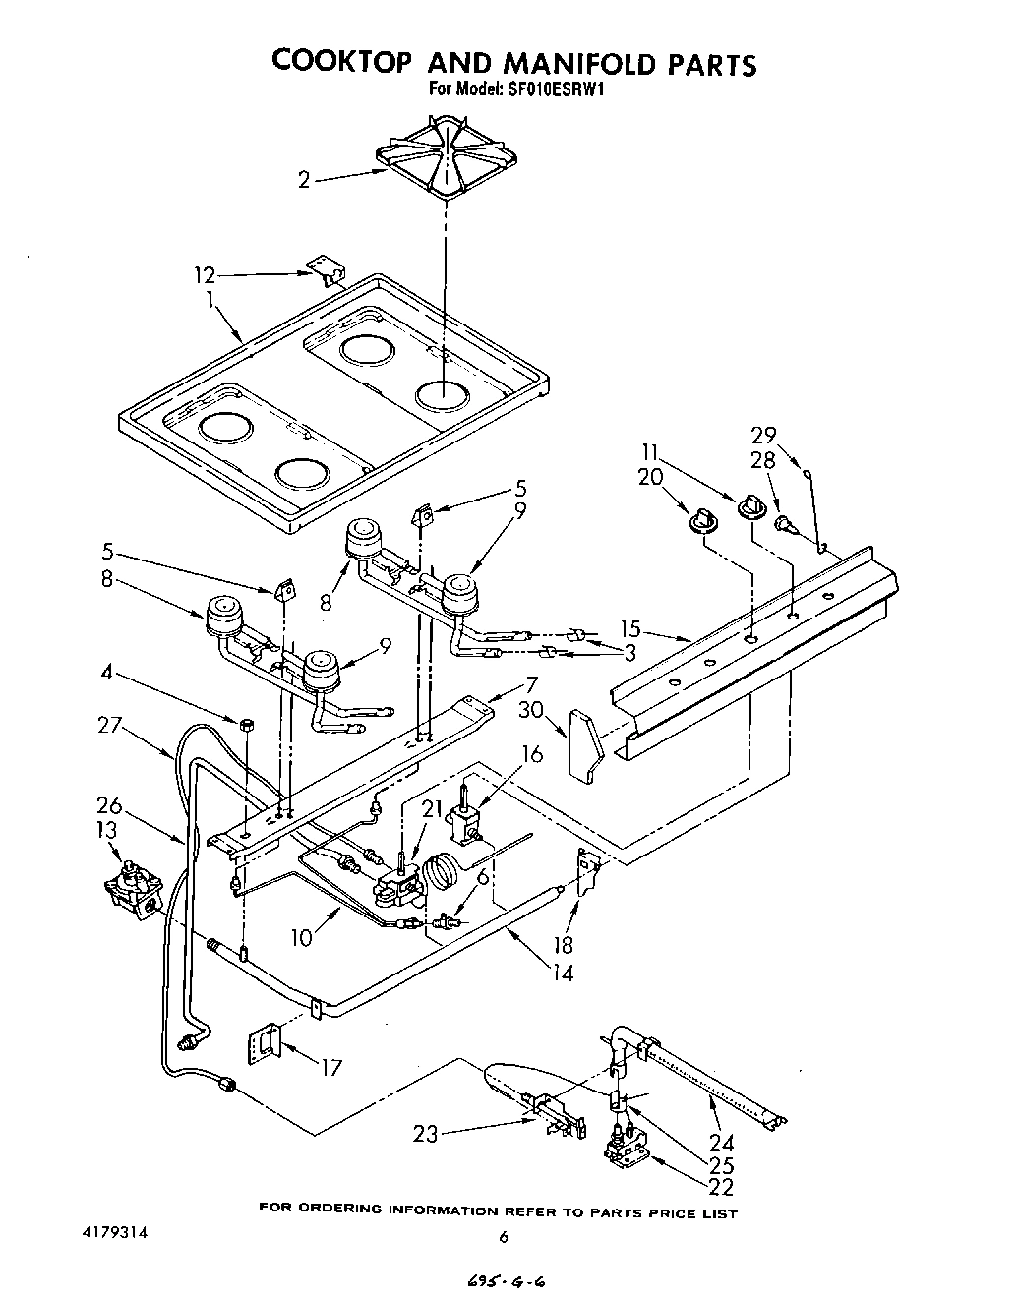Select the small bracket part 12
tap(323, 268)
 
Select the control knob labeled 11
tap(750, 506)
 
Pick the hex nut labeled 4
tap(247, 725)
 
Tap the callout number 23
tap(425, 1134)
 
